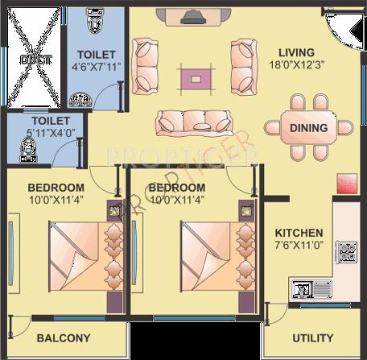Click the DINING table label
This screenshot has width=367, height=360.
pos(308,127)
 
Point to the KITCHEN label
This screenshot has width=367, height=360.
pos(298,233)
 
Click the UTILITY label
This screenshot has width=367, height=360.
pos(314,339)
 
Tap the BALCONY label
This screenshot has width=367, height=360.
pos(64,338)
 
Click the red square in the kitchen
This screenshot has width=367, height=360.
pos(346,183)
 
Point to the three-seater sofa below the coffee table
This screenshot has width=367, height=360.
pos(194,121)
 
